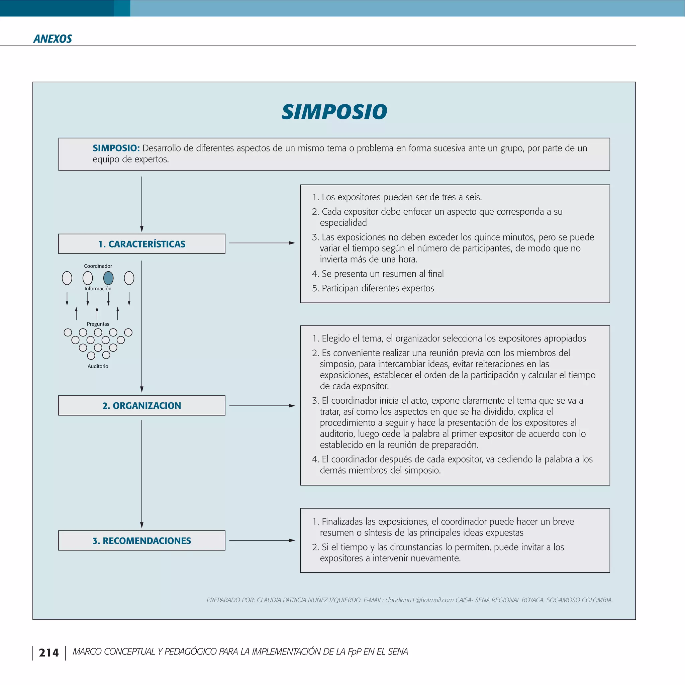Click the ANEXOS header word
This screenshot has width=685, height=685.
(x=53, y=39)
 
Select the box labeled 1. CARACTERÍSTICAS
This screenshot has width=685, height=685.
(x=141, y=244)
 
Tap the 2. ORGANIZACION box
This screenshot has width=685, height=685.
(x=141, y=405)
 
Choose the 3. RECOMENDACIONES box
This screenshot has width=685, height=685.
(x=141, y=541)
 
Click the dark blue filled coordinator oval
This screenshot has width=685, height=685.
(x=108, y=278)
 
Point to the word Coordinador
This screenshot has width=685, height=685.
(x=98, y=266)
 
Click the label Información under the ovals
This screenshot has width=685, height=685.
(x=98, y=289)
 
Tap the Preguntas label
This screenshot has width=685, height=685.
(x=98, y=324)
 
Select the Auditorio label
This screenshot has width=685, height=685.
(x=98, y=366)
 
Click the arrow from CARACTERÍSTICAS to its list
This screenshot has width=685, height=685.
(x=262, y=243)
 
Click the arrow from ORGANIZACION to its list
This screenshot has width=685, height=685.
(x=262, y=406)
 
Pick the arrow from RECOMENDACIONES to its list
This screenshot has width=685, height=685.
(x=262, y=541)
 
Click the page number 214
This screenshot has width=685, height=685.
(x=48, y=653)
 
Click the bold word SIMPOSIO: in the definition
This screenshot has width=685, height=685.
(x=116, y=148)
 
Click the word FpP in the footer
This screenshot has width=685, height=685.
(x=354, y=652)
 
